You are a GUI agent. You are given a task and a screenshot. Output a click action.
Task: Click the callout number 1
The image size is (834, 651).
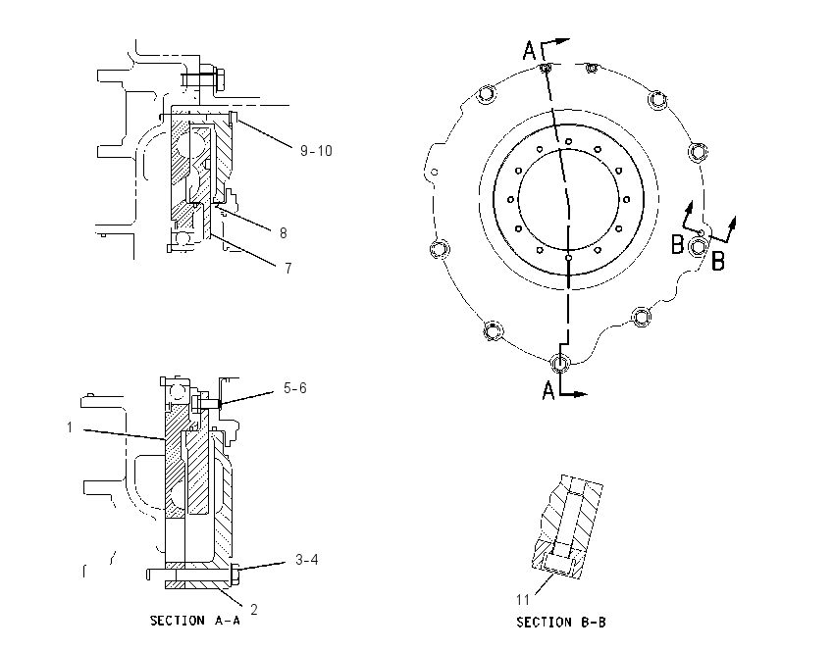coord(69,427)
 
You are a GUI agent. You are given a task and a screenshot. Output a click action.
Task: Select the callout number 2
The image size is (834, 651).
coord(254,610)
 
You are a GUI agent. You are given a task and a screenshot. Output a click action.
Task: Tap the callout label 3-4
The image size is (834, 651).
coord(307,560)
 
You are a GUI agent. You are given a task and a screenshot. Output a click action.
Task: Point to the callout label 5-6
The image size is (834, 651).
coord(295,388)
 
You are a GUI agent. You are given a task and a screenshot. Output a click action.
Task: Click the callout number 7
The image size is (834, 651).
coord(288,269)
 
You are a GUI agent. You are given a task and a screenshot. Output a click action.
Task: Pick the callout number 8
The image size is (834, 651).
coord(283,233)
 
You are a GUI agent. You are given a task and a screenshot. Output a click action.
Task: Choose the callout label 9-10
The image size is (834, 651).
coord(316,151)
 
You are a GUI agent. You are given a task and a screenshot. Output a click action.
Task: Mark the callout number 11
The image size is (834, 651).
coord(523,599)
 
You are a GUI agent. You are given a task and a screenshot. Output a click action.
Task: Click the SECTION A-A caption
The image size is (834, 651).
coord(194,621)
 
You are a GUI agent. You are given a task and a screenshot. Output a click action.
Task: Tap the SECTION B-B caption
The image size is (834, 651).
coord(561,622)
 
